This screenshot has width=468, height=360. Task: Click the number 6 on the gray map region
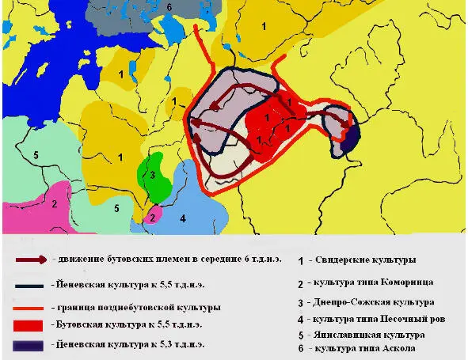(169, 7)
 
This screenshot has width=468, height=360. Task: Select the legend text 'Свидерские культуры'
(367, 260)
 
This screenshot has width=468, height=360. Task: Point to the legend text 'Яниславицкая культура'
(371, 335)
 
